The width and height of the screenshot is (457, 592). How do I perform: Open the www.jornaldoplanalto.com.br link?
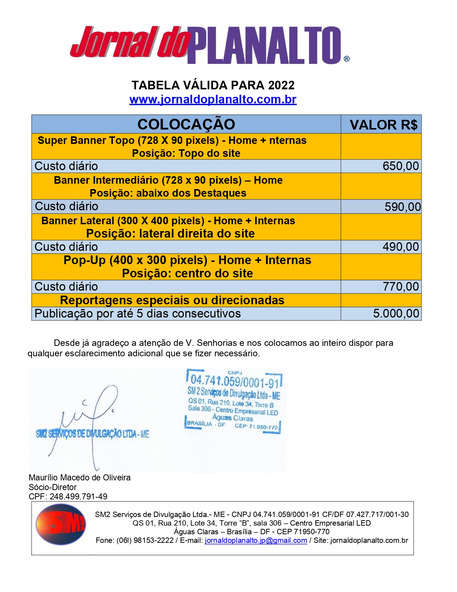point(213,99)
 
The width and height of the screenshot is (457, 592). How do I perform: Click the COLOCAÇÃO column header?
point(186,124)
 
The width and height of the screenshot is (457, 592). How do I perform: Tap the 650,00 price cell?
point(400,166)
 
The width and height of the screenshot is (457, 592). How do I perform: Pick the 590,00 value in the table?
point(402,207)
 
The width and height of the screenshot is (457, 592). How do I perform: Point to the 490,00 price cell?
point(400,247)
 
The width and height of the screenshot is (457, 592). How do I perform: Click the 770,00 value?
point(400,287)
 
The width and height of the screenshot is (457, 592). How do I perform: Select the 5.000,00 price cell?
point(396,314)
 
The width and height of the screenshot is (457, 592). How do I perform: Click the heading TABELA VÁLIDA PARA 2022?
point(213,85)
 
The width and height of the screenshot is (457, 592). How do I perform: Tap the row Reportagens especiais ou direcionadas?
point(172,300)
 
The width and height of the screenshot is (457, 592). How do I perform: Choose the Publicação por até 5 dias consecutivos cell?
point(138,314)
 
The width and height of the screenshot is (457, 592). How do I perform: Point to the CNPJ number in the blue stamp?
point(234,381)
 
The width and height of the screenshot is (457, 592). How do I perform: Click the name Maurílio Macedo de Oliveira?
point(80,478)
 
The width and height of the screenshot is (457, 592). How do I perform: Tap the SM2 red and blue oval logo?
point(60,524)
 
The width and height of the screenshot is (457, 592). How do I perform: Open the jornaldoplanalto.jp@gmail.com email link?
point(256,540)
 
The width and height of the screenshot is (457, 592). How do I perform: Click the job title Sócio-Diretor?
point(53,487)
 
